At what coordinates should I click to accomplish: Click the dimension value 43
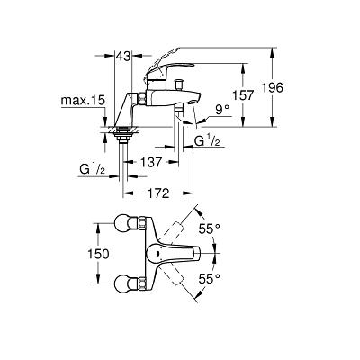123,56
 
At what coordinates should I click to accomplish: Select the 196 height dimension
272,88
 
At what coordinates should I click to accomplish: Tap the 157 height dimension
243,95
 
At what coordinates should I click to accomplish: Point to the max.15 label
83,101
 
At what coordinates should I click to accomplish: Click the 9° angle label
223,111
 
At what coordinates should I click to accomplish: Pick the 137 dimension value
151,162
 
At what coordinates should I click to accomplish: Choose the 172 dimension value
158,193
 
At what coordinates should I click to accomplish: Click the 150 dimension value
98,254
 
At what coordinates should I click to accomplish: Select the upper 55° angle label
210,229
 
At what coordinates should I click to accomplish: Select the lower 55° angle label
210,279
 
